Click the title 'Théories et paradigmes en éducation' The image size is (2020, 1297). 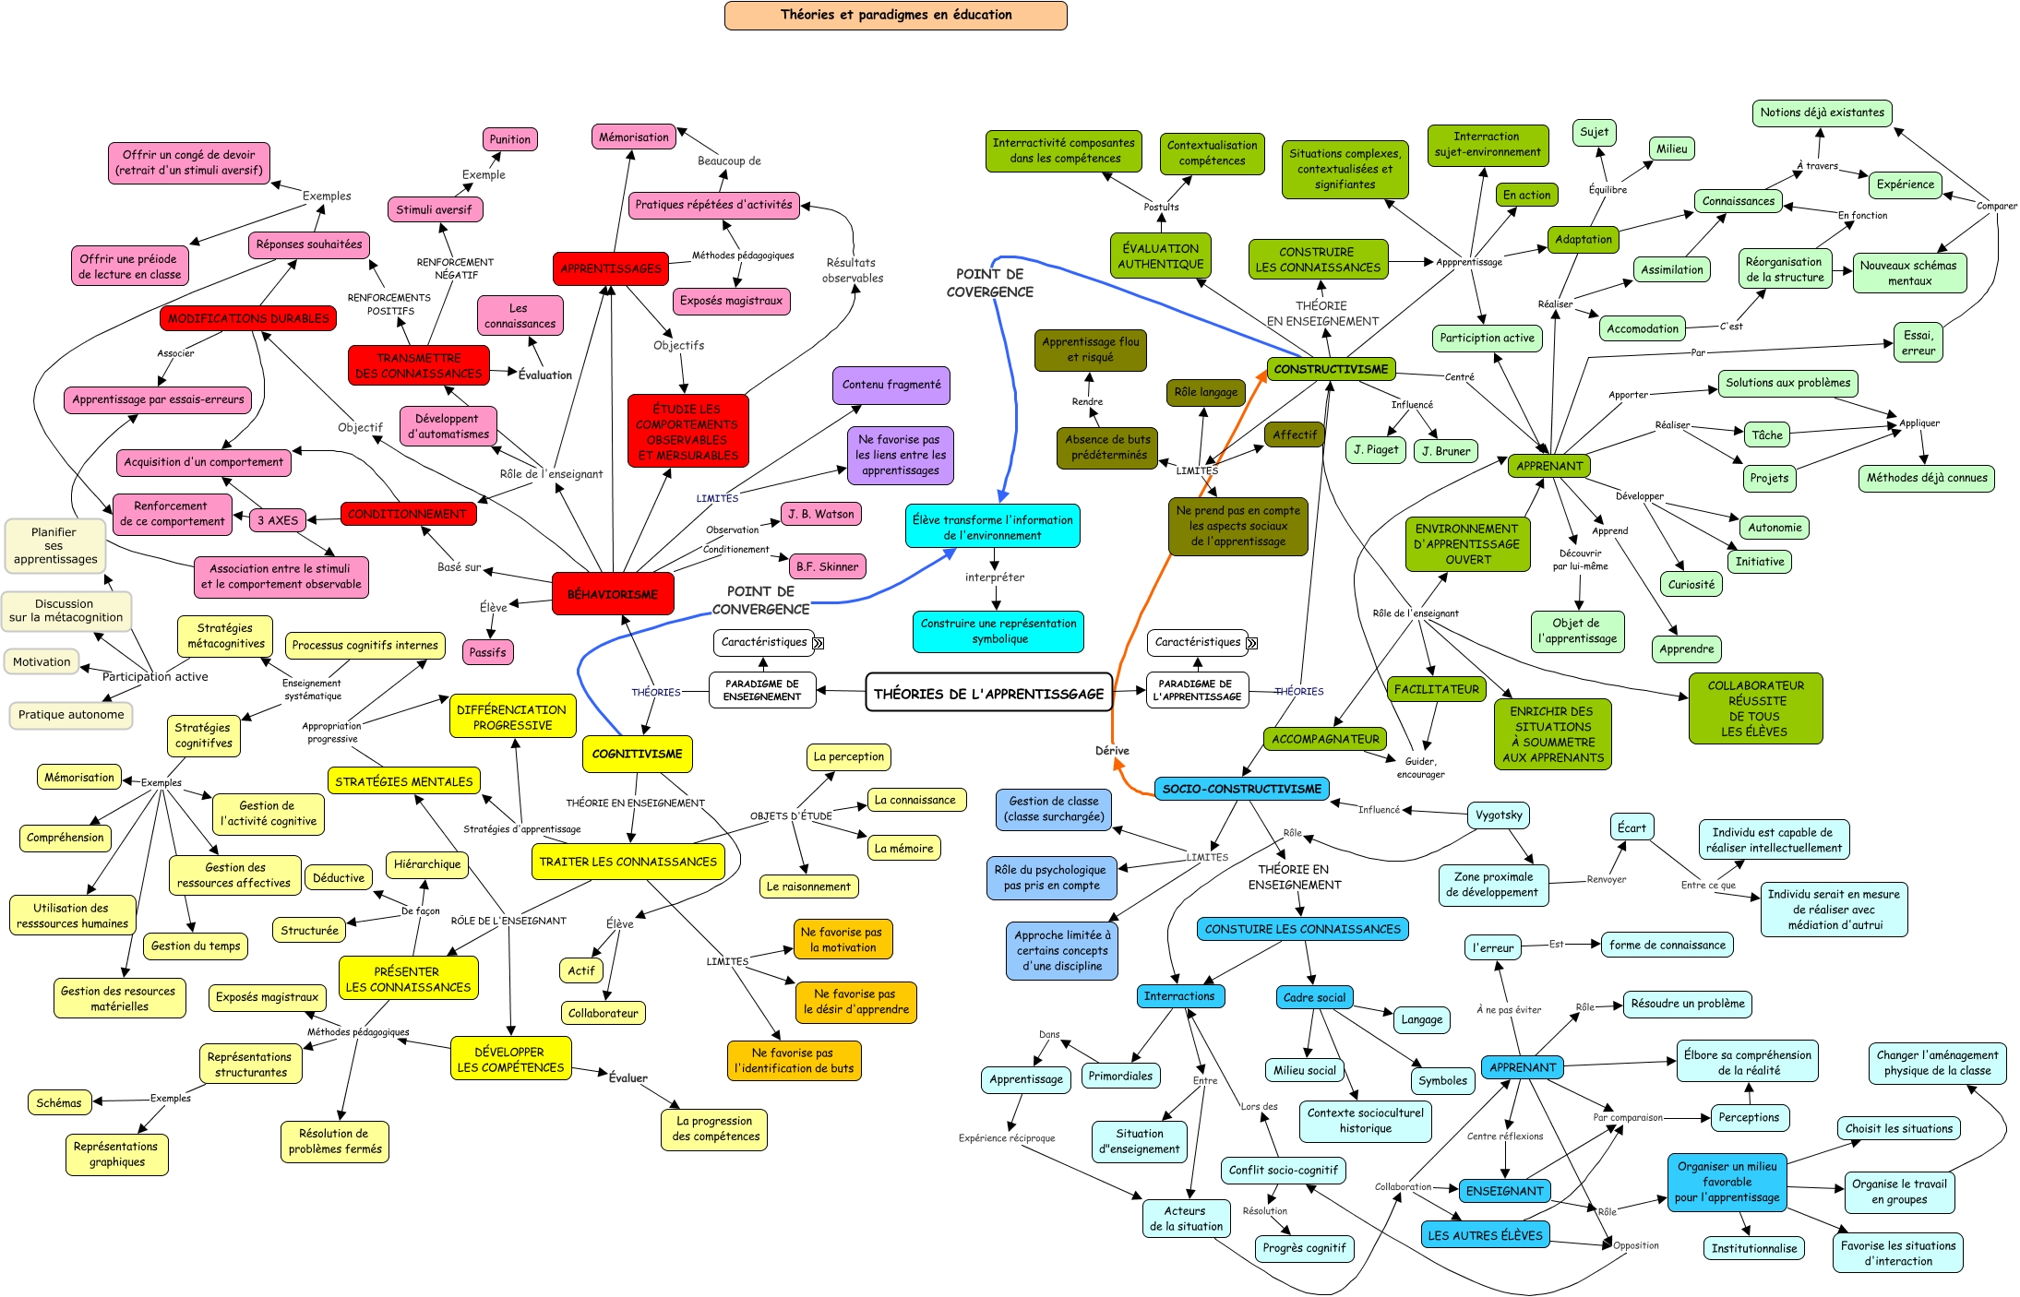pyautogui.click(x=895, y=15)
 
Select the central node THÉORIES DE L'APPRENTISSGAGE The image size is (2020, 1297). pyautogui.click(x=988, y=694)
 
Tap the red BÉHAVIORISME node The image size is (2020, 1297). pyautogui.click(x=613, y=594)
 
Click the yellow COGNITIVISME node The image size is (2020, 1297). pyautogui.click(x=637, y=754)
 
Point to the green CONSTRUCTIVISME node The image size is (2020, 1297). pyautogui.click(x=1331, y=369)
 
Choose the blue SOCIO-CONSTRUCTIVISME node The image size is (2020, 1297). pyautogui.click(x=1241, y=789)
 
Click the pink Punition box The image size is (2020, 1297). pyautogui.click(x=509, y=139)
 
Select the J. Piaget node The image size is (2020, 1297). pyautogui.click(x=1376, y=450)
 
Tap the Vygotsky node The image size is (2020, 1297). pyautogui.click(x=1499, y=815)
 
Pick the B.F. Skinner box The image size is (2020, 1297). pyautogui.click(x=827, y=566)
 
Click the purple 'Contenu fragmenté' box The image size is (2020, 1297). pyautogui.click(x=890, y=385)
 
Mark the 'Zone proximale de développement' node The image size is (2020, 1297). pyautogui.click(x=1492, y=885)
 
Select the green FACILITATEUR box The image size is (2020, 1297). pyautogui.click(x=1436, y=689)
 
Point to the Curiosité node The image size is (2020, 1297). pyautogui.click(x=1691, y=584)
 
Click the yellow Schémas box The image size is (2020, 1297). pyautogui.click(x=59, y=1102)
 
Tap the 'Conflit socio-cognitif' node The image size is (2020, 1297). pyautogui.click(x=1283, y=1170)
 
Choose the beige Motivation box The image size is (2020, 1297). pyautogui.click(x=42, y=661)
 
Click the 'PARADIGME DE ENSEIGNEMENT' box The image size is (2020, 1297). pyautogui.click(x=762, y=690)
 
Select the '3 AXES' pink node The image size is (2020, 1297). pyautogui.click(x=278, y=520)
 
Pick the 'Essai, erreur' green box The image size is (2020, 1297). pyautogui.click(x=1918, y=343)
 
